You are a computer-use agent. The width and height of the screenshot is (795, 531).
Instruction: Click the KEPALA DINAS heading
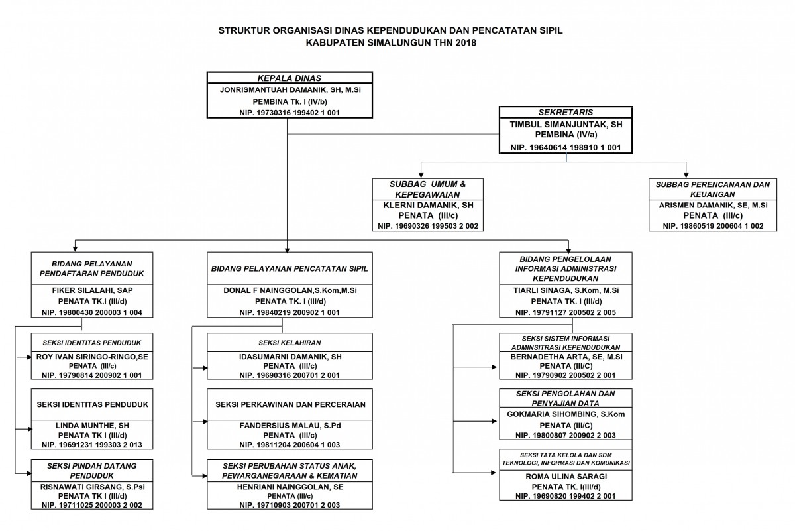(x=290, y=78)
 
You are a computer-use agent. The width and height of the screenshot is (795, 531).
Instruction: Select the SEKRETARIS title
(x=565, y=112)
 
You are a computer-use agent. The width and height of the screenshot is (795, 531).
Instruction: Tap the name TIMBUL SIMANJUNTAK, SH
(x=566, y=125)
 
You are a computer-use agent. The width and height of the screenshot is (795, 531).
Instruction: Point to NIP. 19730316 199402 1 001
(x=290, y=113)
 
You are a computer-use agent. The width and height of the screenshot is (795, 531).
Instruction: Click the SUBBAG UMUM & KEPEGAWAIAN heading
(x=428, y=190)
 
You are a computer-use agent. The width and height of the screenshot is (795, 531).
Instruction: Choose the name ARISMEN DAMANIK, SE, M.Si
(x=713, y=206)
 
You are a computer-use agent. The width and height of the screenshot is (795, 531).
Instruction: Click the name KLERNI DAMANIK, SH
(x=428, y=206)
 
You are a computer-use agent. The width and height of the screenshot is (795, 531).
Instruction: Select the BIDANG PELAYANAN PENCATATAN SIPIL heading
(x=290, y=269)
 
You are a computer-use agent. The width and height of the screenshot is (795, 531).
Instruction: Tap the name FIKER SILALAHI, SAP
(x=92, y=290)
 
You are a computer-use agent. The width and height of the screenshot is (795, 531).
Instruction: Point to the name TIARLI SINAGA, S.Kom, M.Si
(x=566, y=290)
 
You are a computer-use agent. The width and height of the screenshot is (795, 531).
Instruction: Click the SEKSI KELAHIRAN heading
(x=290, y=343)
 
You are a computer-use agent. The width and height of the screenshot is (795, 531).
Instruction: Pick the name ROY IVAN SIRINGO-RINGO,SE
(x=92, y=357)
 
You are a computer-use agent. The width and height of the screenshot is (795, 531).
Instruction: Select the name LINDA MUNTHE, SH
(x=92, y=426)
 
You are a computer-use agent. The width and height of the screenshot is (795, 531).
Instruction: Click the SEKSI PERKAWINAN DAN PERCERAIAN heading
(x=290, y=404)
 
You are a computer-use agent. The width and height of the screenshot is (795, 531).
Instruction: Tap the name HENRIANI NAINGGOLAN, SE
(x=290, y=487)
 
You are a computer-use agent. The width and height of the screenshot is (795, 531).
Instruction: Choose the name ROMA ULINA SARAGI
(x=566, y=477)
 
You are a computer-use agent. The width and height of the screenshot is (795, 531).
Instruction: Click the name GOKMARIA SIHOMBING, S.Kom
(x=566, y=414)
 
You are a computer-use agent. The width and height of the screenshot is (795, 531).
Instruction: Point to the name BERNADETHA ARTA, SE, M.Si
(x=566, y=357)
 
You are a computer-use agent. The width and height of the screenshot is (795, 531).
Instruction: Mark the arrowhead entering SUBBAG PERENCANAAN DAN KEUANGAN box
(x=686, y=175)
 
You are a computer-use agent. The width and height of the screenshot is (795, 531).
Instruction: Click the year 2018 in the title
(x=466, y=43)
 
